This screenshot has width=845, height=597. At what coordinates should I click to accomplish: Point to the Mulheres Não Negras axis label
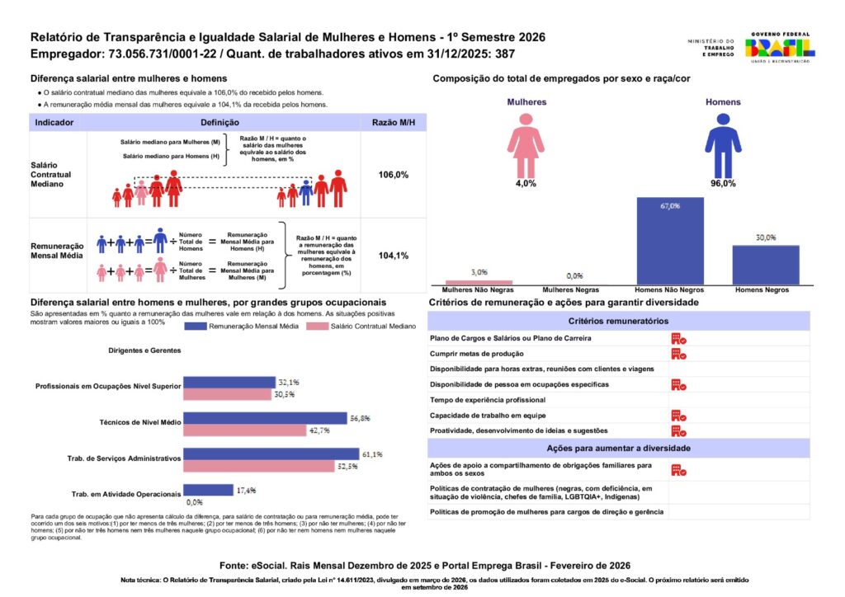pos(479,290)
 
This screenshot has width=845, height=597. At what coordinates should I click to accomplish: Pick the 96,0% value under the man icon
pos(722,183)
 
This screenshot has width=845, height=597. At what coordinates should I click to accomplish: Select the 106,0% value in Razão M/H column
pos(393,175)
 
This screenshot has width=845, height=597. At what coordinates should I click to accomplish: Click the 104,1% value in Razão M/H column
pos(393,256)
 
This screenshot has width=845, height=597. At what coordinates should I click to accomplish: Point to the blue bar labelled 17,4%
pos(207,490)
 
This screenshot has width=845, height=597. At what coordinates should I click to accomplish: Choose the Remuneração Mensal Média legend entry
pos(244,327)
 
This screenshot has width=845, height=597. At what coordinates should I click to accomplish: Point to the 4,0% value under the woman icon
pos(526,183)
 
